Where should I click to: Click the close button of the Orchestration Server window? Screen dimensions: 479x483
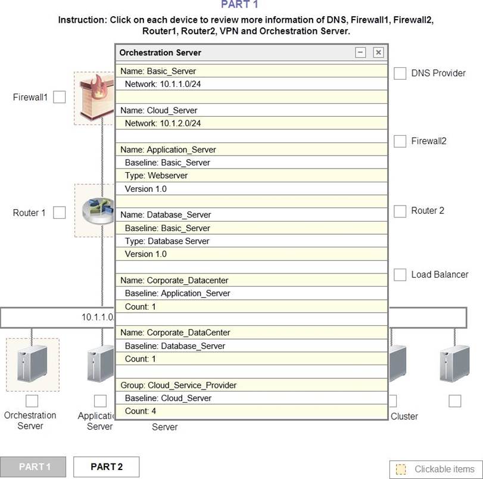[378, 52]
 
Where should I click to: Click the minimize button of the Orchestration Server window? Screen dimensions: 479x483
[360, 52]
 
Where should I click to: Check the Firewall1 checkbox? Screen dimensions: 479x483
[59, 97]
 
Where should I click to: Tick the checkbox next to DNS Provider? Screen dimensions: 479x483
[400, 73]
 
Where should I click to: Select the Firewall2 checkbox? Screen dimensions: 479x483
[400, 141]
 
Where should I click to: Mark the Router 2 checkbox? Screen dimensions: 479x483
[400, 211]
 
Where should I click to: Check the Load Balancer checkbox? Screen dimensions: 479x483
[400, 275]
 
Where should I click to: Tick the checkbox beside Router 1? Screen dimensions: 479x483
[59, 213]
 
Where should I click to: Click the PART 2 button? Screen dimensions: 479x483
[106, 467]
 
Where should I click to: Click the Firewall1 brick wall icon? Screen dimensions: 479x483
[95, 98]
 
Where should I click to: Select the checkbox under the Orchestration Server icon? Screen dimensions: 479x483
[32, 401]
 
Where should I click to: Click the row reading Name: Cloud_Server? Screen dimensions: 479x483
[251, 110]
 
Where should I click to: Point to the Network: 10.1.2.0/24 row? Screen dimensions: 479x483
[251, 123]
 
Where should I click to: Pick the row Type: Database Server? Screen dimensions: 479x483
[251, 241]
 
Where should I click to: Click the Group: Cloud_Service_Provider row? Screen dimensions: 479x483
[251, 385]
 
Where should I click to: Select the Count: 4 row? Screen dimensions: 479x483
[251, 411]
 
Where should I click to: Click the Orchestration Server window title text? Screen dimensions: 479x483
[160, 52]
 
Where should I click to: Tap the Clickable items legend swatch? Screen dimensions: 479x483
[401, 469]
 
